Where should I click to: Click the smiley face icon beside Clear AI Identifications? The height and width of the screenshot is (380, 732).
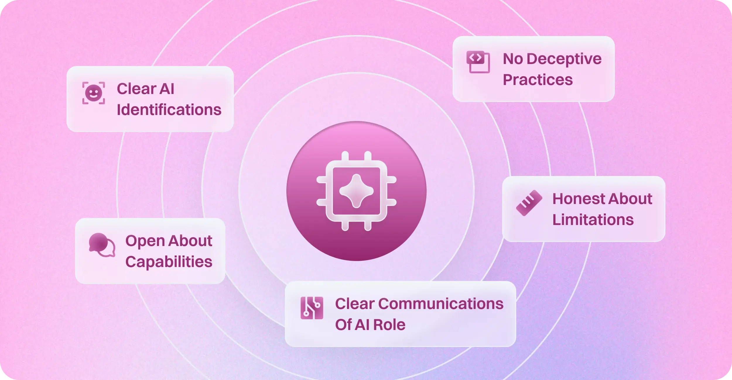93,93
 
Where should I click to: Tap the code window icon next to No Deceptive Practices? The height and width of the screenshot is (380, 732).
478,62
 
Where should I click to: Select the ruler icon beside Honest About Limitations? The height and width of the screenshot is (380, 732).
529,203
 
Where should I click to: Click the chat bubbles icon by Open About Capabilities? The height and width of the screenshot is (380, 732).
102,245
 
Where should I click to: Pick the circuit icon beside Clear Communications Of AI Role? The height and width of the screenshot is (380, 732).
312,308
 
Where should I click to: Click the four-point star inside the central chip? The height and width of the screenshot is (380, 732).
356,191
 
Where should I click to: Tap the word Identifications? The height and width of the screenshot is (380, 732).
169,110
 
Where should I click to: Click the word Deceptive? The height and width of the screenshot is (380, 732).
564,59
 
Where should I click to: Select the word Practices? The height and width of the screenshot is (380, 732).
538,80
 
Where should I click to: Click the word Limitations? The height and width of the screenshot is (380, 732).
593,220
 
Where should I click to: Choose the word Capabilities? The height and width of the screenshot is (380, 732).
169,262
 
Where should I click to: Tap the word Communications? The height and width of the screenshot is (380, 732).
441,304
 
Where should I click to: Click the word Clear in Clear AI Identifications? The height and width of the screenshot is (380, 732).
136,89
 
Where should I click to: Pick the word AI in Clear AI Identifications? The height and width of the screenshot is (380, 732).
167,89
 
